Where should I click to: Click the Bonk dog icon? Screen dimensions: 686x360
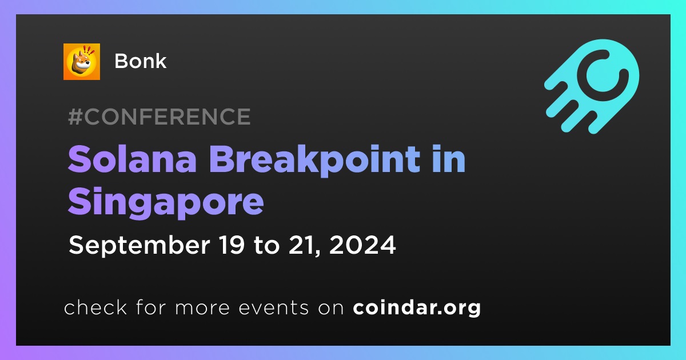click(x=81, y=62)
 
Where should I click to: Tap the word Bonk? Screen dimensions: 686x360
click(x=140, y=61)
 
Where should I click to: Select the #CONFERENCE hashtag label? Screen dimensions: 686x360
click(x=159, y=117)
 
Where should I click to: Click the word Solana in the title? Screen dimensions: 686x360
click(x=132, y=159)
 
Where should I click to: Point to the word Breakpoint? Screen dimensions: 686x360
click(x=315, y=161)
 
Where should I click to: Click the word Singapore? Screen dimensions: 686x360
click(x=166, y=202)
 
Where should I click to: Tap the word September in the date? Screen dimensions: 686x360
click(x=139, y=246)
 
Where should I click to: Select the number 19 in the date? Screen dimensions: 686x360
click(x=232, y=245)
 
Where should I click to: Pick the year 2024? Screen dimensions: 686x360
click(x=362, y=245)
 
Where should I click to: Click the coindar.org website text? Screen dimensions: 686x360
click(x=417, y=307)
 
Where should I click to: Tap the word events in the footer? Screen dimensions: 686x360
click(x=273, y=307)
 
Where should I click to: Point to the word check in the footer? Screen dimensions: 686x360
click(x=95, y=307)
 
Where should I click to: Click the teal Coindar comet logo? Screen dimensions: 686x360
click(x=592, y=86)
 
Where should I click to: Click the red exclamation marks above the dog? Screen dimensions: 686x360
click(x=89, y=50)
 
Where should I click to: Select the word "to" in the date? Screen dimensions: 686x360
click(x=266, y=246)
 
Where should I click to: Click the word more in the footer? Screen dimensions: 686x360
click(x=202, y=308)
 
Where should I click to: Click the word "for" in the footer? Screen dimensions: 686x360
click(x=151, y=307)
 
